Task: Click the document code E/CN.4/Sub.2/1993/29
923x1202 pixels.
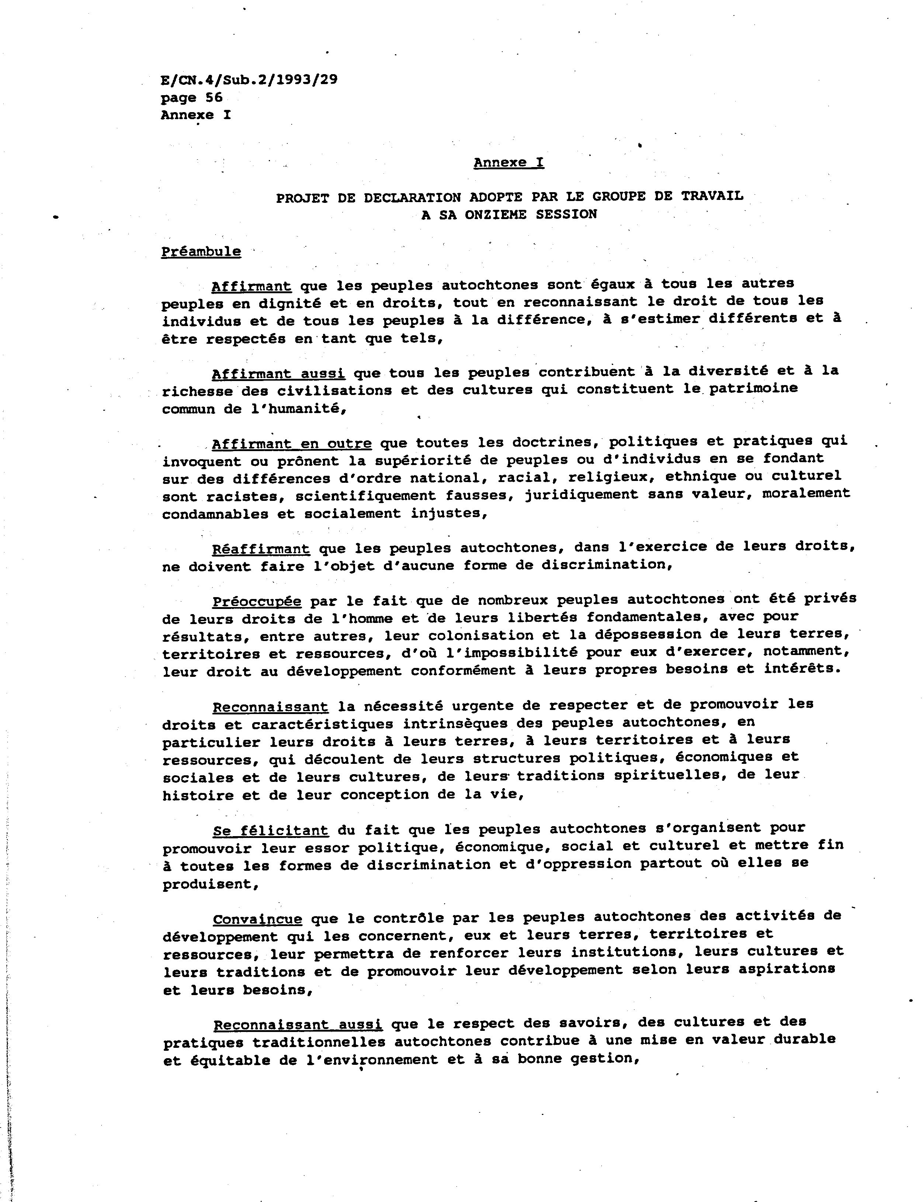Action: point(249,80)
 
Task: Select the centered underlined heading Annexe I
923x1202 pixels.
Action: point(509,163)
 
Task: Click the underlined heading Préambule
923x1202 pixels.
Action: point(201,252)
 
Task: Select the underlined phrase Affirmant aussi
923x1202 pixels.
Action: point(278,374)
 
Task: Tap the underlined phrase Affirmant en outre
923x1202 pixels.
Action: point(292,443)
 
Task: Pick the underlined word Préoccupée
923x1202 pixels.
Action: point(257,602)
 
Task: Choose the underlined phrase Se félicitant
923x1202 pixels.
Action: point(270,830)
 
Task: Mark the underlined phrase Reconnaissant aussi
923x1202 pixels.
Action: point(297,1025)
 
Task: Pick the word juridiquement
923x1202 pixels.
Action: point(581,495)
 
